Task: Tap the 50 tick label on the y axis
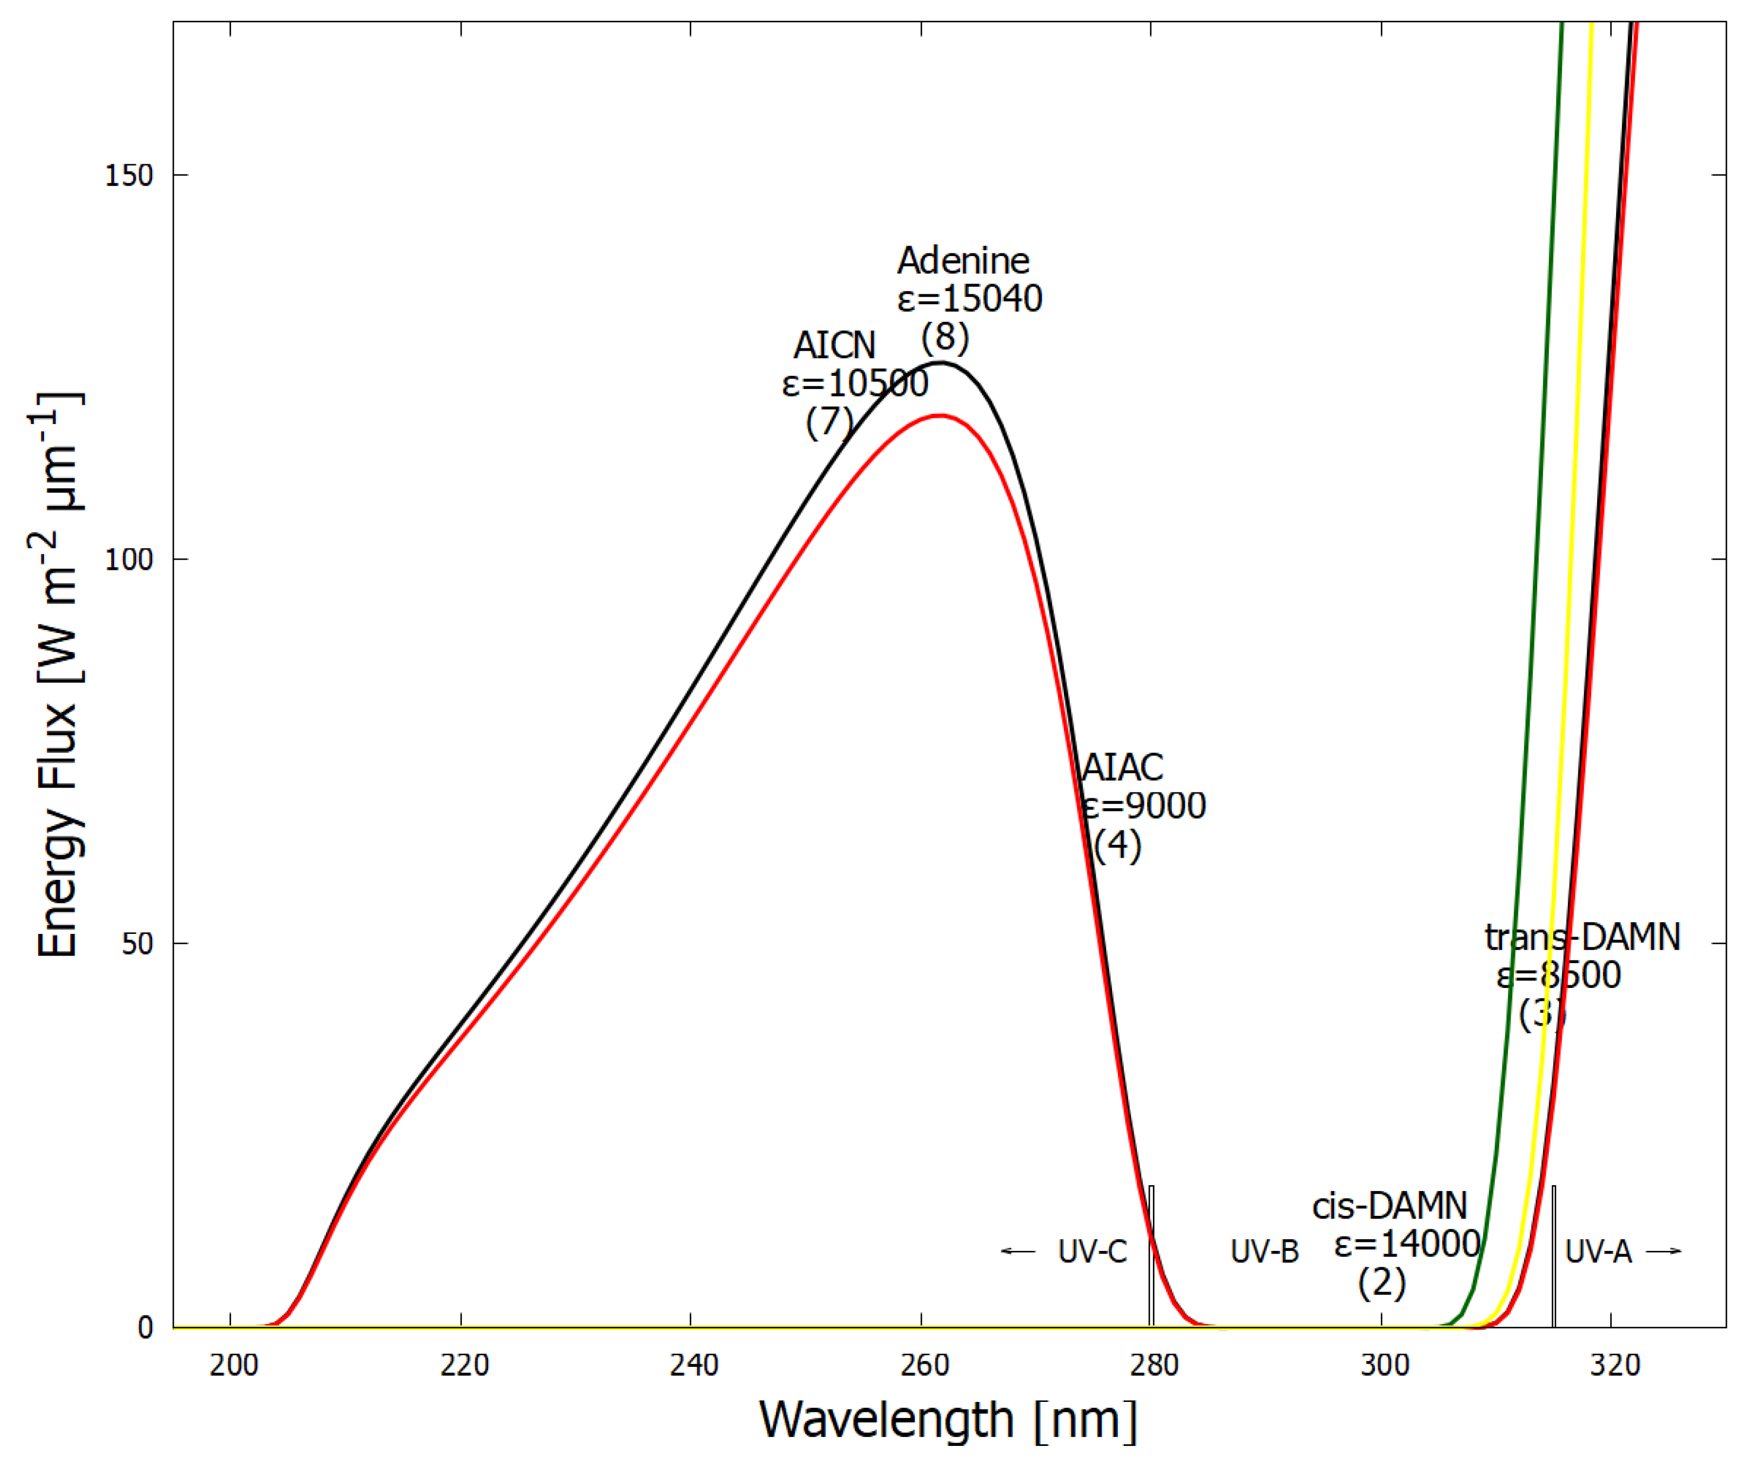pyautogui.click(x=137, y=943)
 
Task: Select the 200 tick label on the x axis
pyautogui.click(x=234, y=1365)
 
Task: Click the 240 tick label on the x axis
pyautogui.click(x=693, y=1365)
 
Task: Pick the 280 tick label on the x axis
pyautogui.click(x=1154, y=1365)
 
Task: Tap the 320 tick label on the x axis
pyautogui.click(x=1615, y=1365)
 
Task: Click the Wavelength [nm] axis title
pyautogui.click(x=948, y=1420)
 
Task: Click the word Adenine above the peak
pyautogui.click(x=963, y=261)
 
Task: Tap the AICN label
pyautogui.click(x=834, y=345)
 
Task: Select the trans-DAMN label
pyautogui.click(x=1582, y=938)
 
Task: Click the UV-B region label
pyautogui.click(x=1264, y=1251)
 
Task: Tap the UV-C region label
pyautogui.click(x=1092, y=1251)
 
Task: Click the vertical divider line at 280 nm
pyautogui.click(x=1151, y=1264)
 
